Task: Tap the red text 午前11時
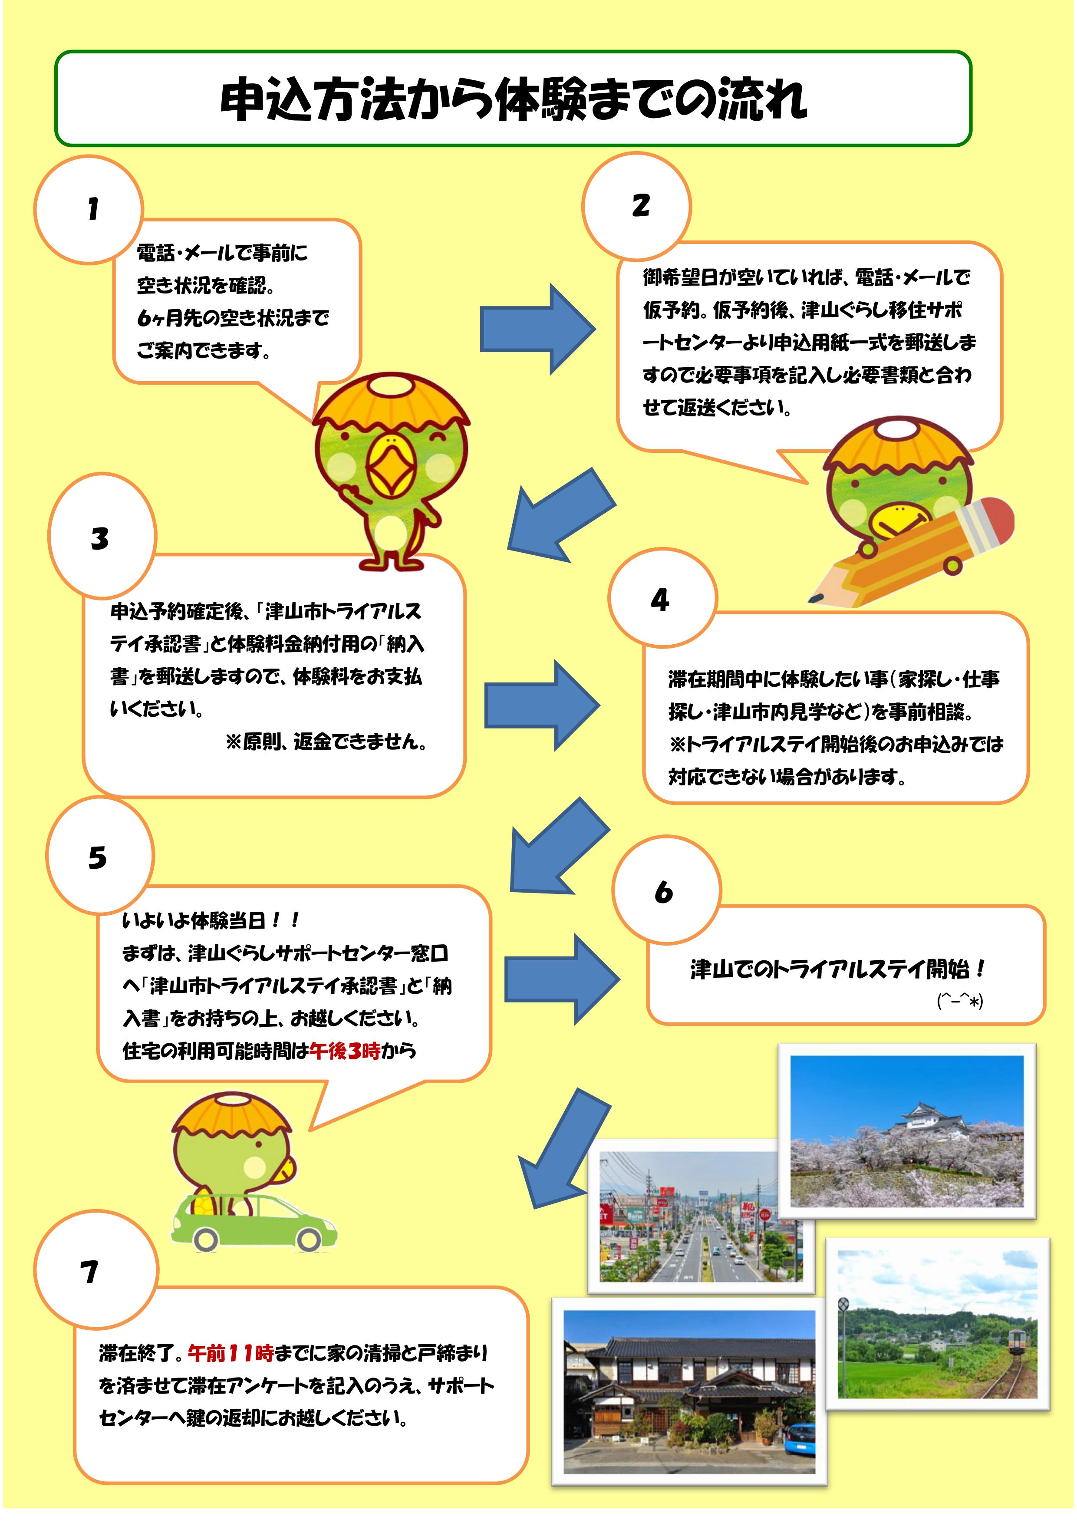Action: click(x=231, y=1353)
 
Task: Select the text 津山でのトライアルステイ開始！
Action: click(x=838, y=970)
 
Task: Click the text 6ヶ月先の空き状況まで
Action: click(x=233, y=318)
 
